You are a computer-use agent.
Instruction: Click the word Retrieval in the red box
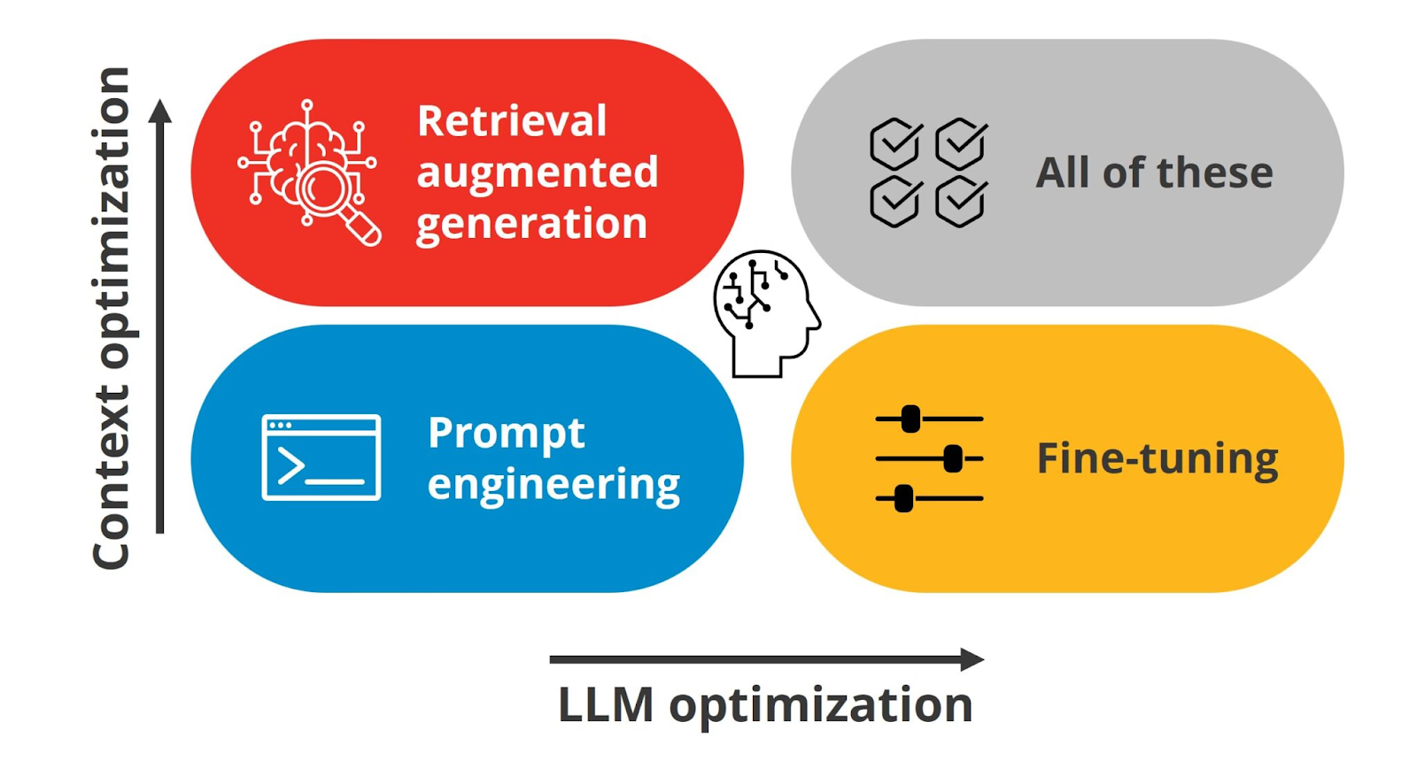click(512, 120)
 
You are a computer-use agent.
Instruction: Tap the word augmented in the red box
click(537, 173)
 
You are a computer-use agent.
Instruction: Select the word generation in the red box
click(532, 224)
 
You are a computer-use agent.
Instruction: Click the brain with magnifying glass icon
click(309, 172)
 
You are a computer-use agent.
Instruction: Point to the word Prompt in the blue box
click(506, 434)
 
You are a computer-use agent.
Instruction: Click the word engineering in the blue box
click(554, 485)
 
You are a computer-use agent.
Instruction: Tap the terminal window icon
click(321, 457)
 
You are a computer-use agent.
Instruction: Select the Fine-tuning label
click(1158, 458)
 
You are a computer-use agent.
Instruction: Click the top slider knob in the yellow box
click(910, 419)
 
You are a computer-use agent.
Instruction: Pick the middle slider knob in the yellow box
click(953, 458)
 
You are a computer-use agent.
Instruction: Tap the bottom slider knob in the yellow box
click(904, 498)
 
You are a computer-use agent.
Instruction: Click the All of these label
click(1155, 173)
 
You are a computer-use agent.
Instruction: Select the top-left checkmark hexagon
click(895, 143)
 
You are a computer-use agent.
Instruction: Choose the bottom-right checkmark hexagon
click(962, 201)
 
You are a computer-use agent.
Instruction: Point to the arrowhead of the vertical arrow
click(160, 111)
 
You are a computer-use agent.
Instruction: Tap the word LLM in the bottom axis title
click(606, 704)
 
